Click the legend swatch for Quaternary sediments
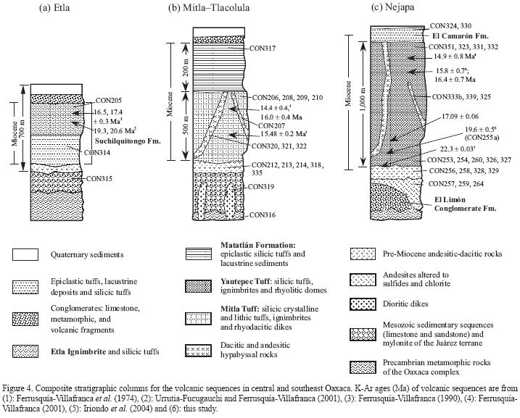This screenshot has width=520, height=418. [27, 254]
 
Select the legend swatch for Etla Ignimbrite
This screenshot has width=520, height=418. [27, 353]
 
